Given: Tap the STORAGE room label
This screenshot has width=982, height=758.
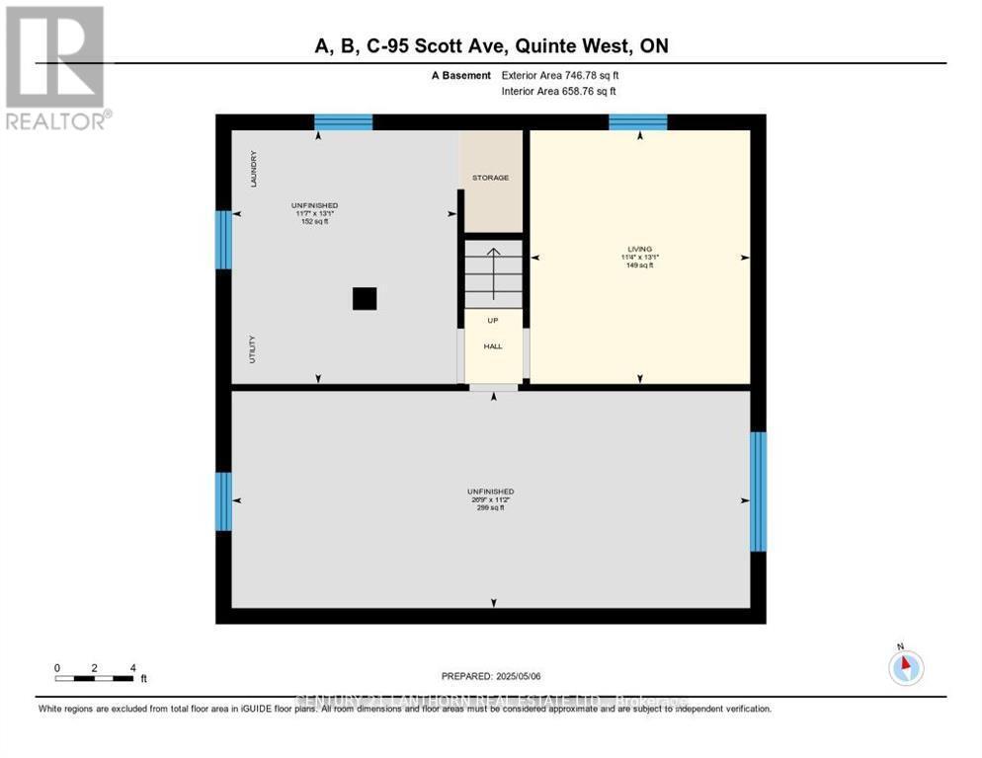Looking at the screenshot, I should point(490,178).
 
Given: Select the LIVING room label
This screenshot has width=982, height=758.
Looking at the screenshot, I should point(639,249).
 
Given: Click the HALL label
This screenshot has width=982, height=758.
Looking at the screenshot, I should point(493,346).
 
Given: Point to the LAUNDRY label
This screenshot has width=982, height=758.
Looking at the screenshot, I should point(254,169).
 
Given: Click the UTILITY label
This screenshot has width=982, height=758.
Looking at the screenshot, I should point(253,349).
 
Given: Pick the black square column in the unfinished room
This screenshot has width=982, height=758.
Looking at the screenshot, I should point(365,299).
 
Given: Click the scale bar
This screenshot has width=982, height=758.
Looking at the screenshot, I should point(95,678).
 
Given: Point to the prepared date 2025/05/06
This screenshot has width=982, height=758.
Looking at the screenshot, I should point(491,676).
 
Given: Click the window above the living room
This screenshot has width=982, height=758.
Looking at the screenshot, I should point(637,122).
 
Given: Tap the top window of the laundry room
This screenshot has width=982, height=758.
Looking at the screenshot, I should point(343,122).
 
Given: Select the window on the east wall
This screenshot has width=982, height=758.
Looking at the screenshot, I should point(758,492).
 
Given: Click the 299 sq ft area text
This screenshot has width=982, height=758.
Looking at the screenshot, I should point(490,508).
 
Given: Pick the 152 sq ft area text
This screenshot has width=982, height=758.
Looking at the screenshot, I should point(315,222).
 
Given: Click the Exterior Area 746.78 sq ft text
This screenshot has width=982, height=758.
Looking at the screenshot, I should point(560,75).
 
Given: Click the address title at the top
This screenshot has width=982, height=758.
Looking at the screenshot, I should point(491,46).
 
